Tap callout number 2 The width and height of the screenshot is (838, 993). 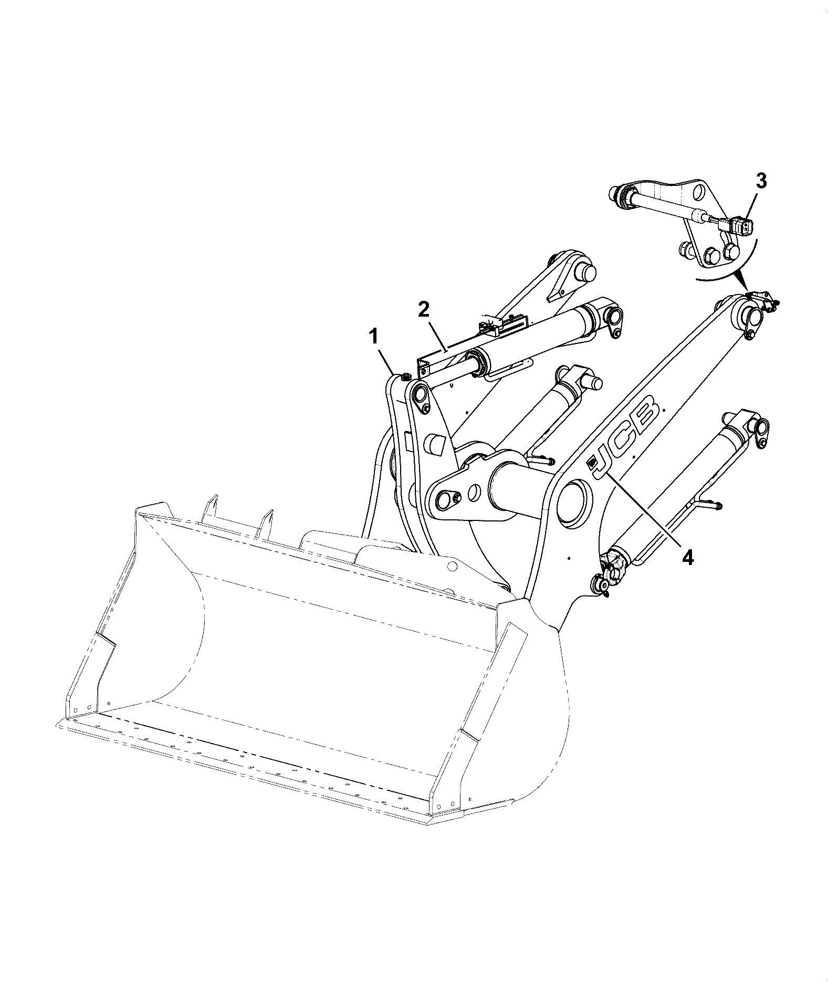point(423,309)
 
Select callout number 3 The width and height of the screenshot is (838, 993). point(761,181)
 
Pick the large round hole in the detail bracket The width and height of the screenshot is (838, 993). point(699,192)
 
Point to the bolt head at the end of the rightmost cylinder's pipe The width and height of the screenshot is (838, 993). point(717,506)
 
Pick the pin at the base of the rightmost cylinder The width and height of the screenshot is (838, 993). point(599,583)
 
